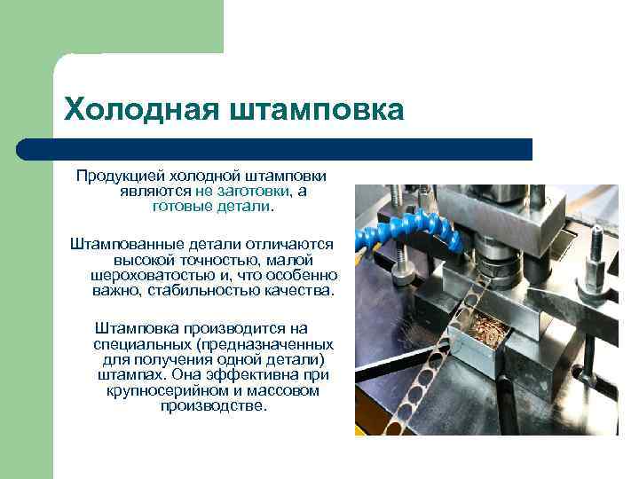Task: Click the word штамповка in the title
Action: (x=317, y=110)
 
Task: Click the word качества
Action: (x=304, y=289)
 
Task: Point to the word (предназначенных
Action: (x=266, y=343)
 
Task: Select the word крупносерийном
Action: (x=162, y=389)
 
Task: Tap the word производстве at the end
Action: (x=214, y=404)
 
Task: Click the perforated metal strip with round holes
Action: (x=399, y=373)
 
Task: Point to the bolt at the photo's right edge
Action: (x=596, y=257)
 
